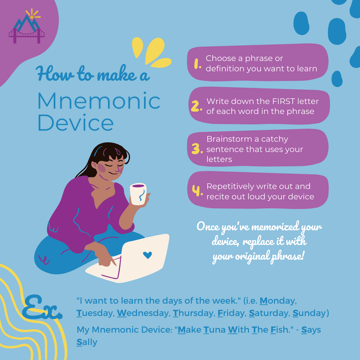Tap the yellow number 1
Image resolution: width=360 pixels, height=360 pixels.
pyautogui.click(x=197, y=64)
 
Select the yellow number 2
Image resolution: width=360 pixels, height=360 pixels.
pyautogui.click(x=197, y=106)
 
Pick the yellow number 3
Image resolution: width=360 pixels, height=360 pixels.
pyautogui.click(x=197, y=149)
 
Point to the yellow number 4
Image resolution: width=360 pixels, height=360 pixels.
pyautogui.click(x=197, y=191)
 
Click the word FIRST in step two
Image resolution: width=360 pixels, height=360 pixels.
pyautogui.click(x=283, y=101)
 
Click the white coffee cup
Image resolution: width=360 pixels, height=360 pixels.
pyautogui.click(x=138, y=194)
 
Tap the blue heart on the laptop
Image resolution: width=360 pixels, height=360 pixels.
pyautogui.click(x=147, y=255)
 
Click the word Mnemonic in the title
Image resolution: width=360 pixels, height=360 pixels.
pyautogui.click(x=99, y=101)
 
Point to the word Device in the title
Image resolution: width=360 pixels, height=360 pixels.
pyautogui.click(x=76, y=122)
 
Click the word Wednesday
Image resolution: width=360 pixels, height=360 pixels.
pyautogui.click(x=143, y=313)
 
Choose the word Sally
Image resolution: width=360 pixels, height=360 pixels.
pyautogui.click(x=87, y=342)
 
